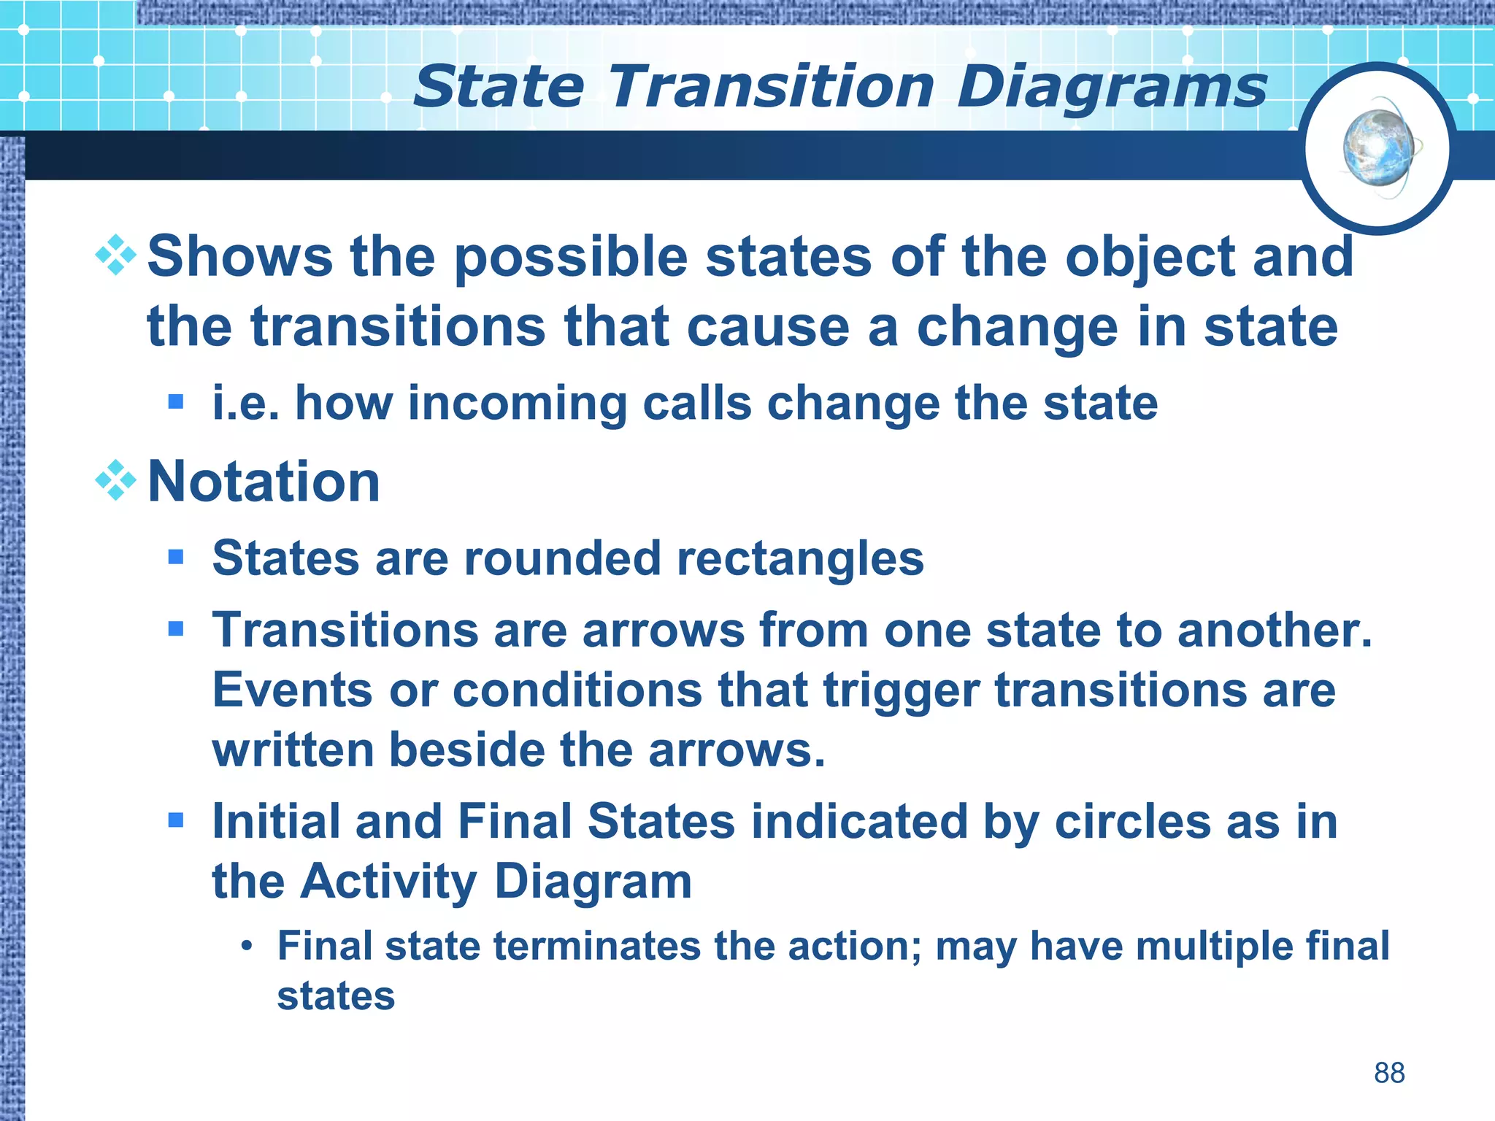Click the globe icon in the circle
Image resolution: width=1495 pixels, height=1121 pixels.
click(1377, 148)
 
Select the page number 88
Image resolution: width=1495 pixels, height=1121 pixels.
click(1389, 1073)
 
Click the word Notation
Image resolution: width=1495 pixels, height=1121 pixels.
click(264, 482)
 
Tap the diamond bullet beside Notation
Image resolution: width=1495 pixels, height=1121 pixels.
click(116, 480)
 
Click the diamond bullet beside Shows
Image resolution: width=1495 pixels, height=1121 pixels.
click(116, 255)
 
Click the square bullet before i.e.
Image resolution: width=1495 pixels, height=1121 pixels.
click(175, 401)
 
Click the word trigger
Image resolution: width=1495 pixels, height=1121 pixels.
click(901, 691)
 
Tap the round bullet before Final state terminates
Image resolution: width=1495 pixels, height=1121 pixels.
click(247, 947)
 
